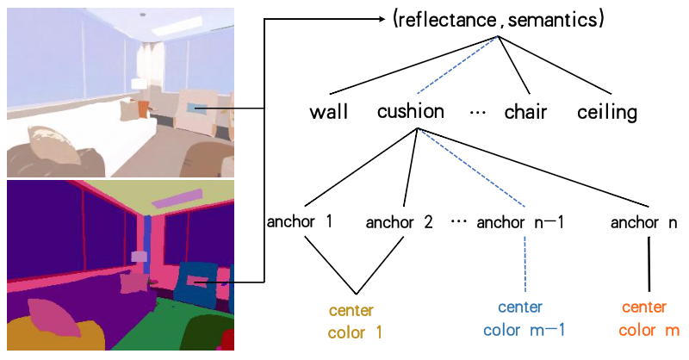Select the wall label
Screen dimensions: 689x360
pos(328,113)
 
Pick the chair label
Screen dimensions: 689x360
pos(525,113)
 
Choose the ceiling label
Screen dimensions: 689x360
pos(607,113)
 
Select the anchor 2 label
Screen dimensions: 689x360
pos(399,223)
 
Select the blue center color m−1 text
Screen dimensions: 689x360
pos(524,319)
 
